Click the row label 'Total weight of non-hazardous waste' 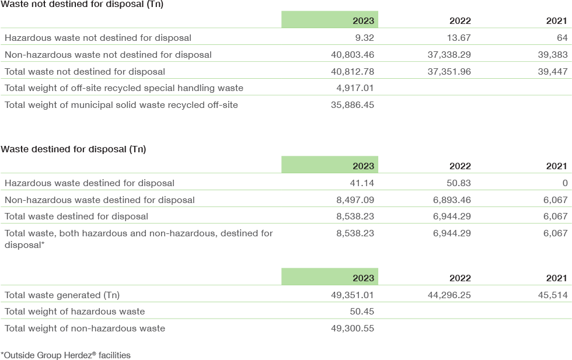click(85, 328)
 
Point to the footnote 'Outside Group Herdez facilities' click(65, 355)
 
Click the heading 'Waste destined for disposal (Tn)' click(74, 149)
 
